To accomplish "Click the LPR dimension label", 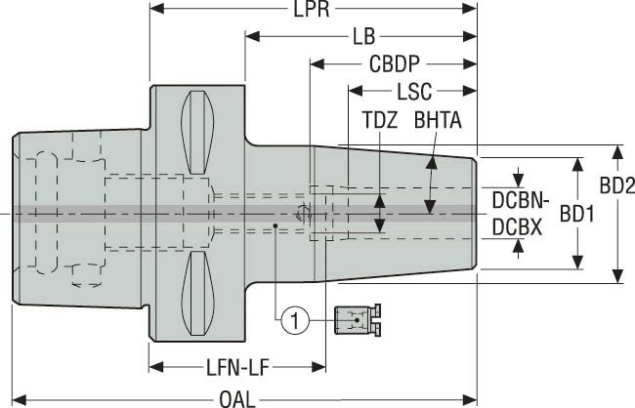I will pos(313,10).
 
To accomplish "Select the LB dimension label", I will pos(363,37).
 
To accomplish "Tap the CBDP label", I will pos(394,65).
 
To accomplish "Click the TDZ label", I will pos(380,122).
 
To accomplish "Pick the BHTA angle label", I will pos(438,122).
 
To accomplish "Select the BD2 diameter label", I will pos(617,184).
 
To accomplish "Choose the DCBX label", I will pos(515,226).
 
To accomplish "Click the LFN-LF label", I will pos(237,368).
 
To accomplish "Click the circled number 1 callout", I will pos(294,316).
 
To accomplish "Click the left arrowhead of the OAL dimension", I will pos(18,397).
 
